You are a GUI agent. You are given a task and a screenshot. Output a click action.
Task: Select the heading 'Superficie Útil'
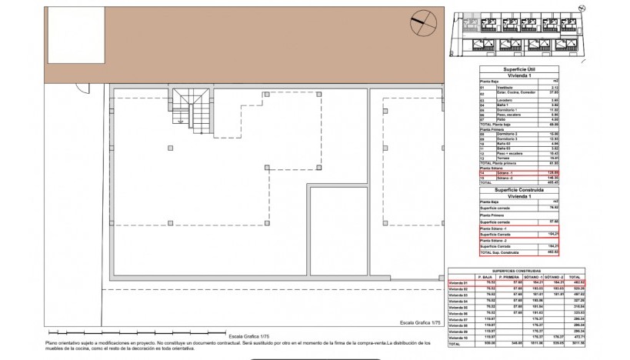[519, 69]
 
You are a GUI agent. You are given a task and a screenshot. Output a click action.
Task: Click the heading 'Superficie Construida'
[519, 188]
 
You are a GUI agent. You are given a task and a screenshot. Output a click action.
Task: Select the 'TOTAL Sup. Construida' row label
[501, 252]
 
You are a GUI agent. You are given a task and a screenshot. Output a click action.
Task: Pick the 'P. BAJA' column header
[485, 277]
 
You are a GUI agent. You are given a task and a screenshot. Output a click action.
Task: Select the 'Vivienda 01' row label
[460, 283]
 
